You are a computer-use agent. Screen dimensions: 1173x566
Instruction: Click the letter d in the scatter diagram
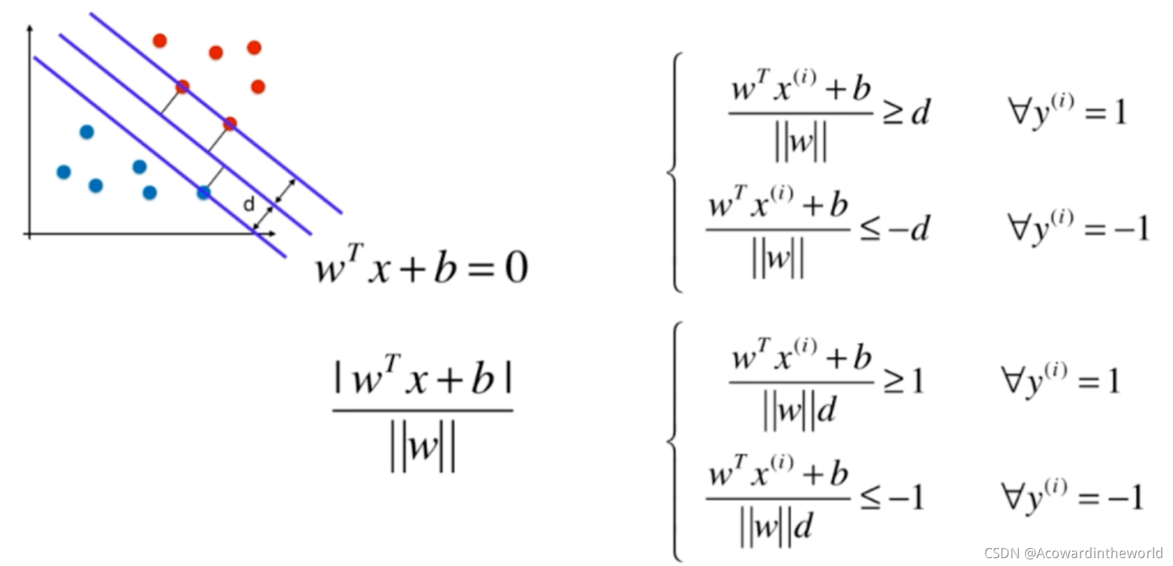(248, 205)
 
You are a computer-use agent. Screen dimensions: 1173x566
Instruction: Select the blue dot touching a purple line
(203, 193)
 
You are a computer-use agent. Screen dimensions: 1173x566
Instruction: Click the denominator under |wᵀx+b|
(423, 447)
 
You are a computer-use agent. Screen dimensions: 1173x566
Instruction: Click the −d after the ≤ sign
(909, 229)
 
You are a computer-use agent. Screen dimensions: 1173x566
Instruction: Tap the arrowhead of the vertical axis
(29, 29)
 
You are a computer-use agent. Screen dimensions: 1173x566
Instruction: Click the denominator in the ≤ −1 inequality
(776, 527)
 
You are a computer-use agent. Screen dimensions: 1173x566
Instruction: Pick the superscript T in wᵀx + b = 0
(356, 253)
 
